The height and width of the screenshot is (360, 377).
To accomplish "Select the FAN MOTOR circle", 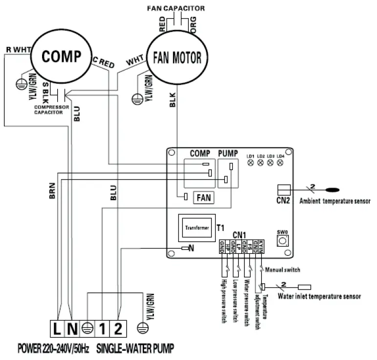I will tap(177, 59).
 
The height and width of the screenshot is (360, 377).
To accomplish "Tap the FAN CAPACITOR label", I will tap(176, 8).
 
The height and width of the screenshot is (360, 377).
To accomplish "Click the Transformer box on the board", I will tap(196, 227).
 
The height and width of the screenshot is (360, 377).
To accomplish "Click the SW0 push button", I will tap(282, 241).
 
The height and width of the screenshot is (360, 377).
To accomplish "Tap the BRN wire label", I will tap(52, 191).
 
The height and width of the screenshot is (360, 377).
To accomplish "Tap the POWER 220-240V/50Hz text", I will tap(54, 349).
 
